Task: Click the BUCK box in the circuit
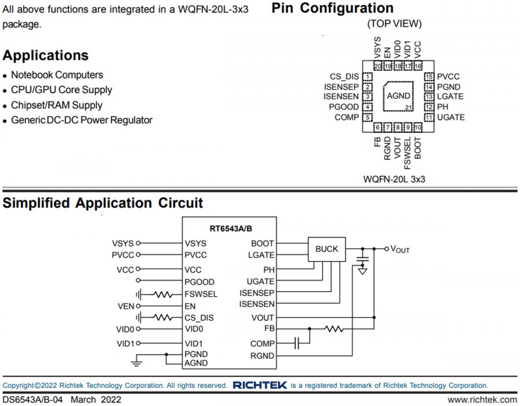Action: [327, 249]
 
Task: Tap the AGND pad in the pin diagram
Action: [398, 96]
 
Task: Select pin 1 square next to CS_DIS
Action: [368, 77]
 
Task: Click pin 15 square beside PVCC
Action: [429, 77]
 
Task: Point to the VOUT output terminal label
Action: [400, 249]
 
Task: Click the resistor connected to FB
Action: [334, 329]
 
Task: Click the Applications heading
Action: [46, 56]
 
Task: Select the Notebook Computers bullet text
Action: [57, 75]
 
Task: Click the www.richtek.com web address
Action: [482, 400]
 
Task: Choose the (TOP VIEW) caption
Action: [394, 24]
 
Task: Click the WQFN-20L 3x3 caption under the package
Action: [395, 179]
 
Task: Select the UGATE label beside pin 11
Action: [451, 118]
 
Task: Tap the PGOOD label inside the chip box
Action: [199, 282]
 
